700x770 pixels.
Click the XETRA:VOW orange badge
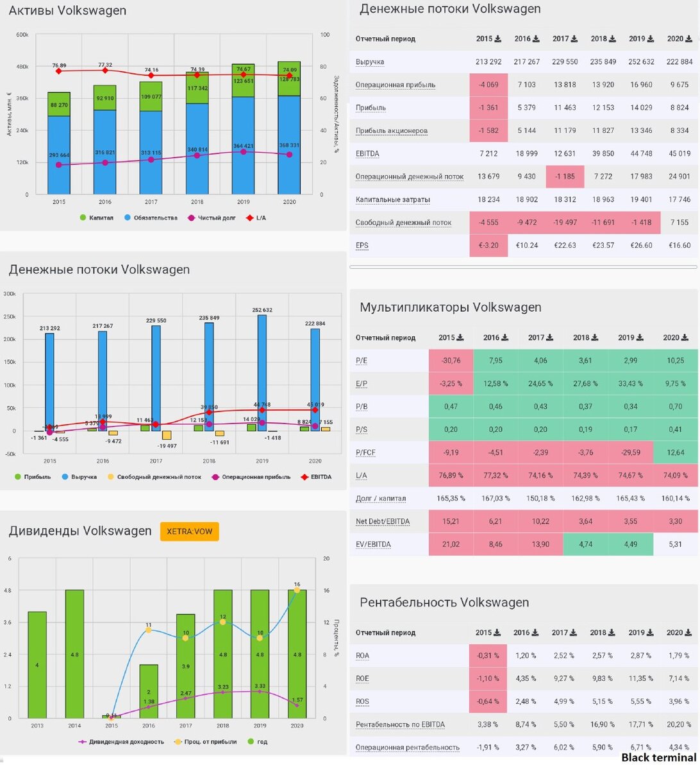[189, 531]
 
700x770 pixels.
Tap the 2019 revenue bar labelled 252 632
[262, 372]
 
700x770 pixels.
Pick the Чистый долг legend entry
[214, 218]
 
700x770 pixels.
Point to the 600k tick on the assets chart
[22, 35]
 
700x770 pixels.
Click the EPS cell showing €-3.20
[488, 245]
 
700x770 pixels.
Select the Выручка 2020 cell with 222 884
[679, 62]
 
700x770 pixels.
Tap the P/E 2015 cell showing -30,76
[451, 361]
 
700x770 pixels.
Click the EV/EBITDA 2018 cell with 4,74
[585, 544]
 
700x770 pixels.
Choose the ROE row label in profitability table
[362, 678]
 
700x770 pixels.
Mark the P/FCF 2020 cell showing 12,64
[676, 452]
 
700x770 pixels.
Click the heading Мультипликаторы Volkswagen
[450, 307]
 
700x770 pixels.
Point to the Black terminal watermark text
[658, 758]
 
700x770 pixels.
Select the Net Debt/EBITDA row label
[382, 521]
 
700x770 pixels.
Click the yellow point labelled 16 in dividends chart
[297, 590]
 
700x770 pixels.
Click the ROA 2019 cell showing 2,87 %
[641, 655]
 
